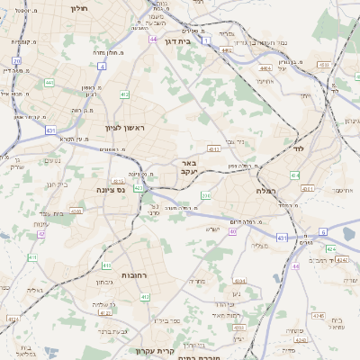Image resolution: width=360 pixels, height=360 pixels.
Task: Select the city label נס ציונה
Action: pos(112,190)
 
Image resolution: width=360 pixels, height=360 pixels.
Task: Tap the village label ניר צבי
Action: pos(236,141)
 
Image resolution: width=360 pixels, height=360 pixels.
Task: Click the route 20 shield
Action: pos(17,61)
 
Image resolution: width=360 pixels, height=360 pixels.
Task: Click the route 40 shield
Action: pos(232,231)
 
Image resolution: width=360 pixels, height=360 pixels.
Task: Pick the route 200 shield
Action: pos(206,195)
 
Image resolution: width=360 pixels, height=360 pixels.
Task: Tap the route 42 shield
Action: pos(41,234)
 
